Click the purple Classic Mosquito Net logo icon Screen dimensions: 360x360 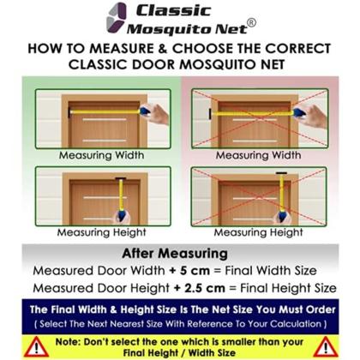coord(116,18)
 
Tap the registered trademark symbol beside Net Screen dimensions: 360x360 coord(251,23)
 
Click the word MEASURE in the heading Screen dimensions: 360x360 coord(122,48)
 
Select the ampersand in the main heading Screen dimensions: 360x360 coord(163,48)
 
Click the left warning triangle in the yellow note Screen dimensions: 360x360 coord(36,347)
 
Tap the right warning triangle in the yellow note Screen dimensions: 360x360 coord(326,347)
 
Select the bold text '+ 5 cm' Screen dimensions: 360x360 coord(189,271)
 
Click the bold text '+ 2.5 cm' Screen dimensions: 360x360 coord(199,288)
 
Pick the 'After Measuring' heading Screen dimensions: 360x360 coord(175,254)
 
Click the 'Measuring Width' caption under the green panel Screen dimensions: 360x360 coord(101,155)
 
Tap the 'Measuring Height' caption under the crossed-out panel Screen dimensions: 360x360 coord(258,232)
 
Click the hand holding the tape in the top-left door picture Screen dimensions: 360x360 coord(157,113)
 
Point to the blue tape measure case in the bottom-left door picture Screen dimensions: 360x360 coord(123,215)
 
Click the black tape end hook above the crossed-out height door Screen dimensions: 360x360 coord(281,173)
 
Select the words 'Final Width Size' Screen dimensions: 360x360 coord(271,271)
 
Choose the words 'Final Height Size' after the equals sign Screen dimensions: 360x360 coord(288,288)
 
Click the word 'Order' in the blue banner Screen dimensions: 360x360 coord(321,309)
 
